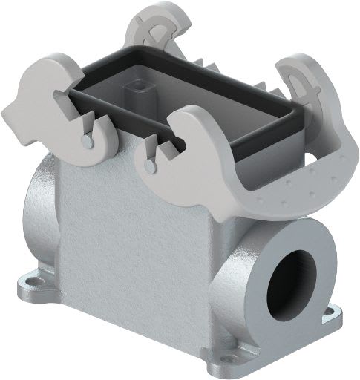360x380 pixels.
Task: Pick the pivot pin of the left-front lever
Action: pos(88,137)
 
